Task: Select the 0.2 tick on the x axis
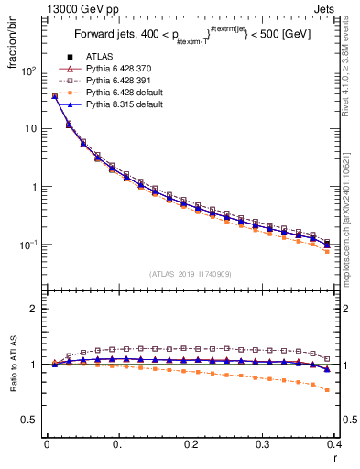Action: point(191,445)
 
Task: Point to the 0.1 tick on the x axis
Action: point(119,445)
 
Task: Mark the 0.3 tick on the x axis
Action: point(262,445)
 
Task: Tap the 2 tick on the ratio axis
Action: point(34,309)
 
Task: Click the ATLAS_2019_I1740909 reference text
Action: point(191,273)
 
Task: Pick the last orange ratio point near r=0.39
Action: point(327,390)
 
